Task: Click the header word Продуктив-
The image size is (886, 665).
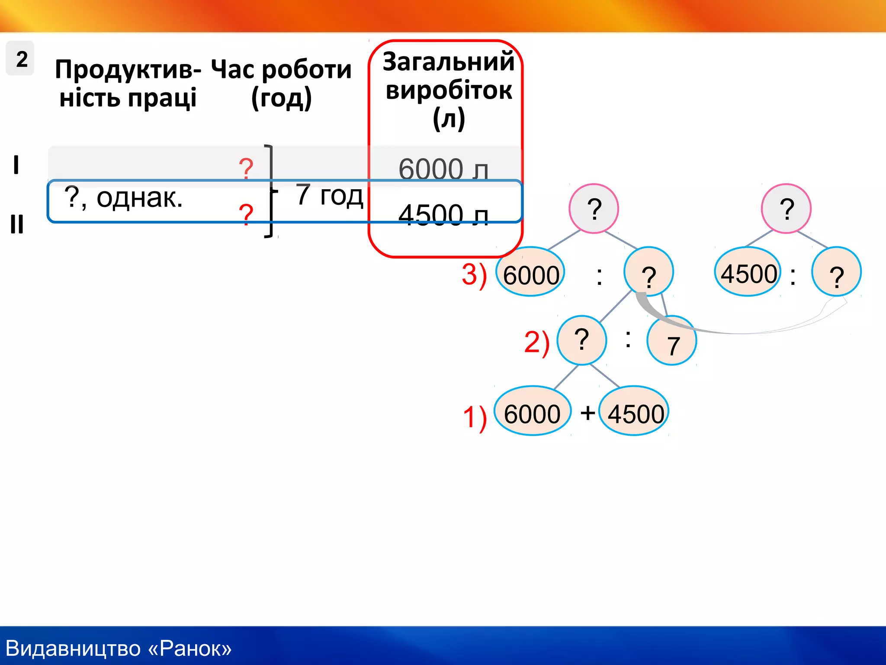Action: (128, 69)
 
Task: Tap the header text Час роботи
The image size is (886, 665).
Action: (281, 69)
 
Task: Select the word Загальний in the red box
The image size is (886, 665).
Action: (448, 61)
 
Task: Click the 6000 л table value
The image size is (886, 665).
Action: (443, 169)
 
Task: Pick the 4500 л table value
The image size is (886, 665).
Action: (443, 215)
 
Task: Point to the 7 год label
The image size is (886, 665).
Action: (329, 195)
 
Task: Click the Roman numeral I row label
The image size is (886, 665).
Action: (16, 165)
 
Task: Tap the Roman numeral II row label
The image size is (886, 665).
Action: (17, 224)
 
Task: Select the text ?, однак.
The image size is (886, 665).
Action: (123, 198)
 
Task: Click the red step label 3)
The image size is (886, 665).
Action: (474, 274)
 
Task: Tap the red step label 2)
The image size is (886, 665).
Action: (536, 342)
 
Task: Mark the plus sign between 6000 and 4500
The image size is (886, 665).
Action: (587, 413)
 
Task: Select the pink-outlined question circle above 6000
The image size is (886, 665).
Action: (594, 209)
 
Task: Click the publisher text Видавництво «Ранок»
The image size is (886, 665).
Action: (119, 648)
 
